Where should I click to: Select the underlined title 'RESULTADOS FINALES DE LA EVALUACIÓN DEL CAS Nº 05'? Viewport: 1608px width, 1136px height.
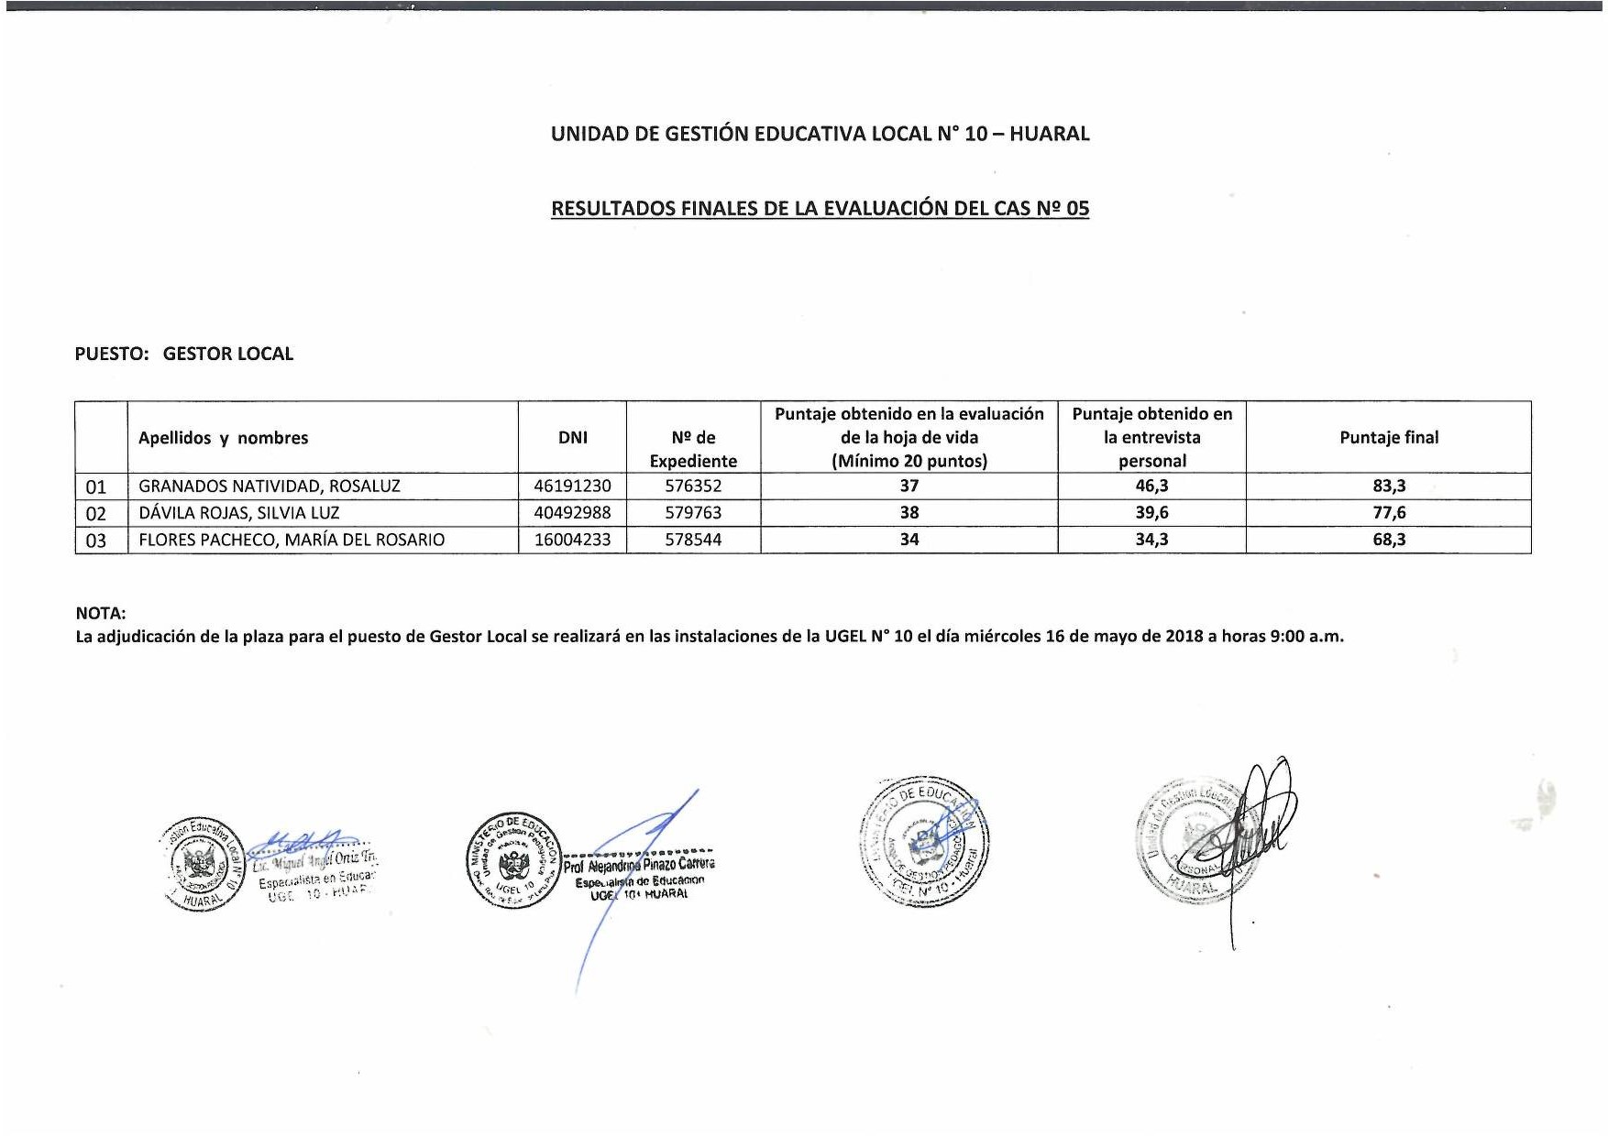click(820, 208)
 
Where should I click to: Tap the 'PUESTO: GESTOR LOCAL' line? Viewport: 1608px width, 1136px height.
click(184, 354)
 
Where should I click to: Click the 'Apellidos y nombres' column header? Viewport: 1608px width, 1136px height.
click(223, 438)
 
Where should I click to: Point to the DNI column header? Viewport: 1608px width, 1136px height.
click(572, 438)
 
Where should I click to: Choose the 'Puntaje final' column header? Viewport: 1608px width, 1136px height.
click(1388, 438)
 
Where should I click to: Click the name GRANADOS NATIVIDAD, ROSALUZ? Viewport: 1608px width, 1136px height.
click(269, 486)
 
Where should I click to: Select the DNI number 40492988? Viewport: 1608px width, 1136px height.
click(572, 513)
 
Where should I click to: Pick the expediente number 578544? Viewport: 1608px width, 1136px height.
click(693, 540)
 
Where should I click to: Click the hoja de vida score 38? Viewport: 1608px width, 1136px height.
click(909, 513)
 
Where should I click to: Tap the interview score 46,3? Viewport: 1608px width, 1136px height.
click(1151, 486)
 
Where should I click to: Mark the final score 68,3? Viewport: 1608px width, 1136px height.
click(1388, 540)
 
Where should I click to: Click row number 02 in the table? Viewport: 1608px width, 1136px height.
click(96, 514)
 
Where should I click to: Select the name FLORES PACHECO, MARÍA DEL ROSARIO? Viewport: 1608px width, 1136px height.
click(292, 540)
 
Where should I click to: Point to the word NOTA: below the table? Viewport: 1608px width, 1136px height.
click(101, 613)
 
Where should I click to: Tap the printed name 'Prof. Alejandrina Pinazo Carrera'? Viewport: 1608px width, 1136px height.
click(639, 865)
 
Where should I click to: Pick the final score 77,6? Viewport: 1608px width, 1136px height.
click(1388, 513)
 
